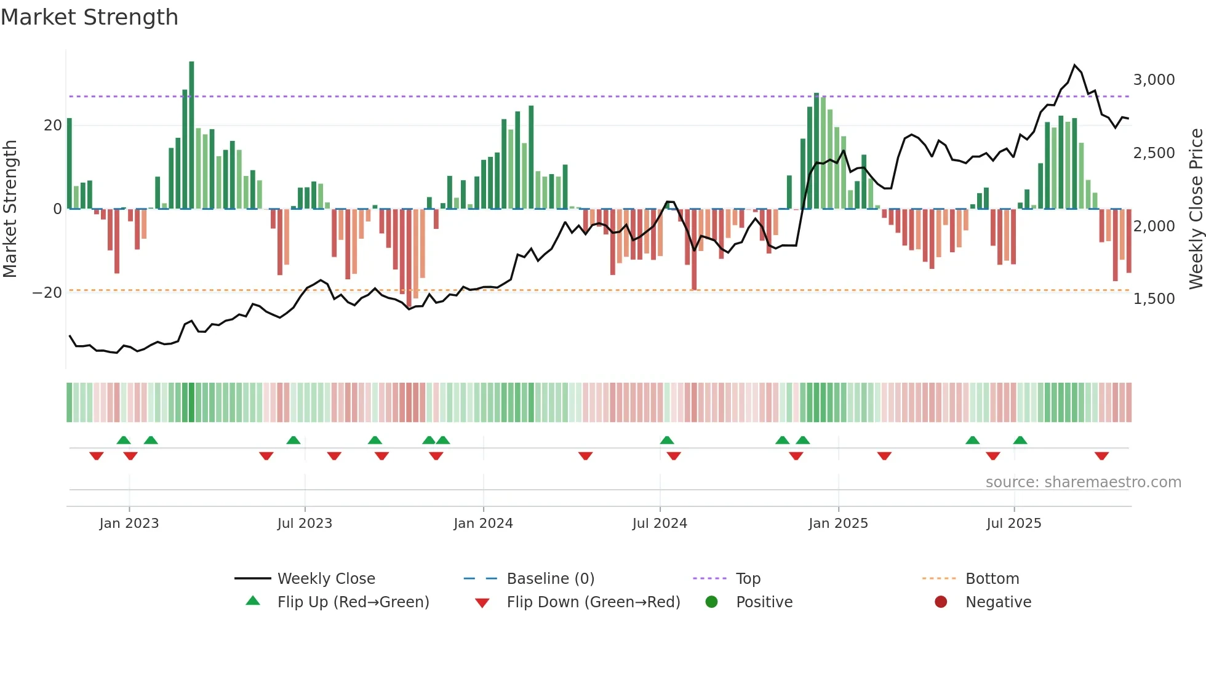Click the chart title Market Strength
(89, 17)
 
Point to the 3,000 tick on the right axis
(1154, 80)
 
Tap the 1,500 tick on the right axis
(1154, 299)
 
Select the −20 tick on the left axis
(47, 293)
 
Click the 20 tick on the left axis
(53, 126)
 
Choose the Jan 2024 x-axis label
(483, 524)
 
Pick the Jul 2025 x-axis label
(1013, 524)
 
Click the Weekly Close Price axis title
(1196, 209)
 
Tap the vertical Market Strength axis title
(10, 209)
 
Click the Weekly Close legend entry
(325, 579)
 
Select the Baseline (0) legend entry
(550, 579)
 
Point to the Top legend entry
(748, 579)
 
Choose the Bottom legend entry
(992, 579)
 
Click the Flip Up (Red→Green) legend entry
(353, 602)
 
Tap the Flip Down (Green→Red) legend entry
(593, 602)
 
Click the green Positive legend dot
(712, 602)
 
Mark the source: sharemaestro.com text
(1083, 482)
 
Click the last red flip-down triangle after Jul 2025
(1101, 456)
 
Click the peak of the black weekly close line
(1075, 65)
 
